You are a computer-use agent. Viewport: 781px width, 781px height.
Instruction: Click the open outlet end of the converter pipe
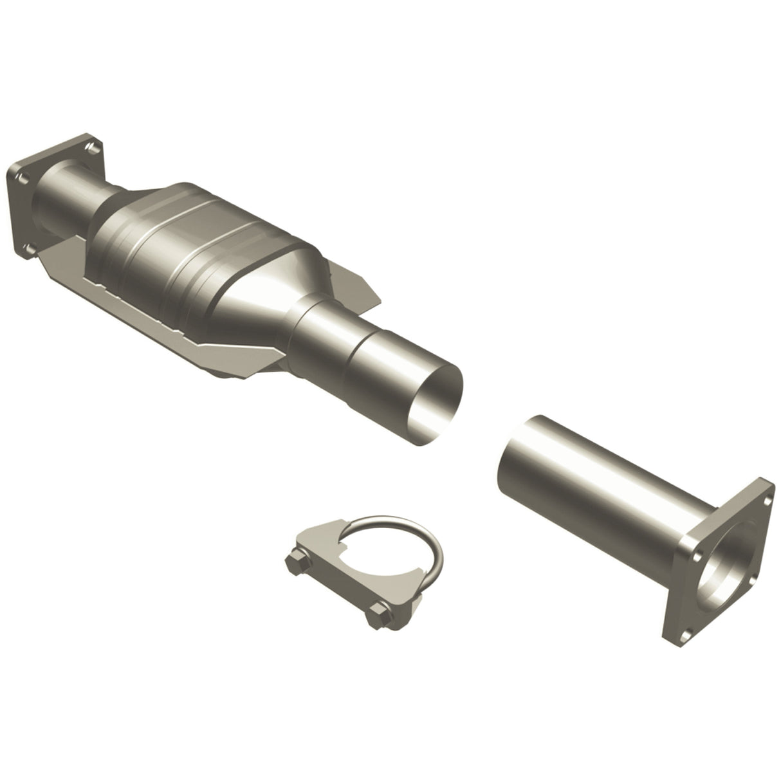[x=437, y=399]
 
